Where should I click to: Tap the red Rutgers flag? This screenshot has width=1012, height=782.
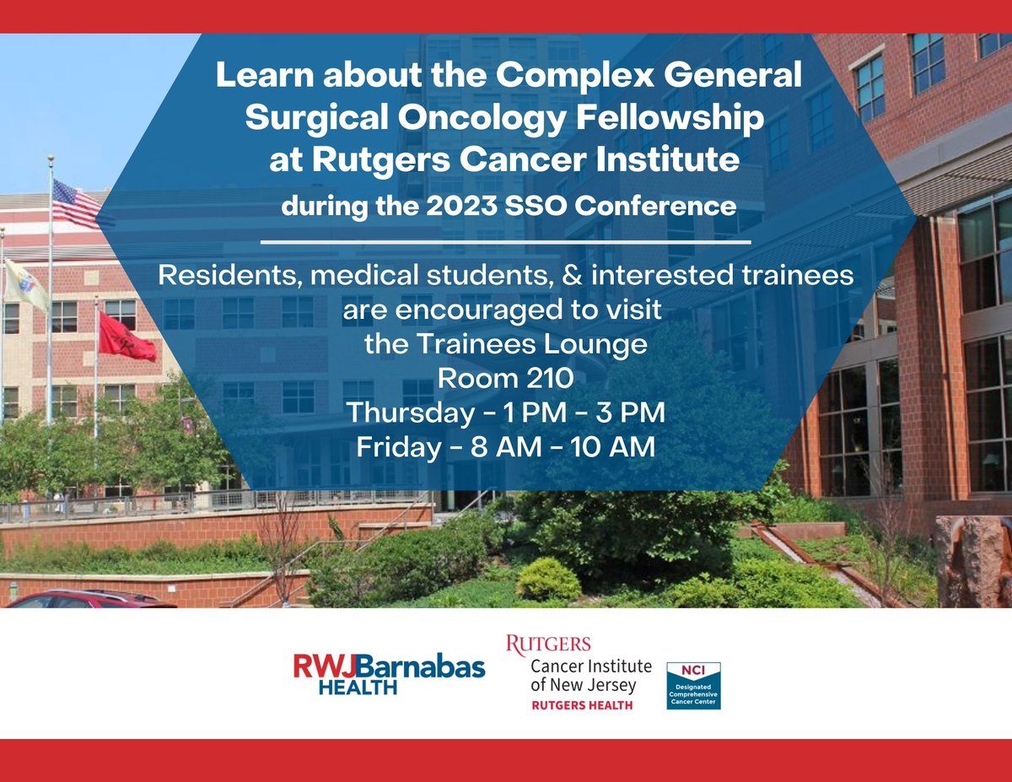click(x=127, y=336)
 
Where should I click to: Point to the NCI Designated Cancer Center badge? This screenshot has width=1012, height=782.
click(x=693, y=686)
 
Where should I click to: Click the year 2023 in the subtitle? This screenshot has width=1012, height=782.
click(x=461, y=206)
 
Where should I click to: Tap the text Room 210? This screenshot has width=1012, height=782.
click(x=505, y=379)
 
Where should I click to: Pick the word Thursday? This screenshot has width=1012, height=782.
click(x=411, y=413)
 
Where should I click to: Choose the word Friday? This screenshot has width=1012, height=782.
click(x=399, y=447)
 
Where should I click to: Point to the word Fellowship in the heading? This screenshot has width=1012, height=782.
click(x=670, y=118)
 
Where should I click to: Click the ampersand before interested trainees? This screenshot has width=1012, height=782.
click(x=572, y=275)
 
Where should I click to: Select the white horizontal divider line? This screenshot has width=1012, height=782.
click(x=506, y=242)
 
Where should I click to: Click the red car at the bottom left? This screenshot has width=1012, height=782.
click(x=91, y=599)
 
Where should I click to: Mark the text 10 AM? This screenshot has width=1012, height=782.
click(x=613, y=448)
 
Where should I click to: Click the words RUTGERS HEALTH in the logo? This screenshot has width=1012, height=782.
click(x=582, y=705)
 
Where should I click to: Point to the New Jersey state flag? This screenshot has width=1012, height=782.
click(x=25, y=284)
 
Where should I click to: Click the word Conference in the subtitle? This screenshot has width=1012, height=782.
click(x=654, y=206)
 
